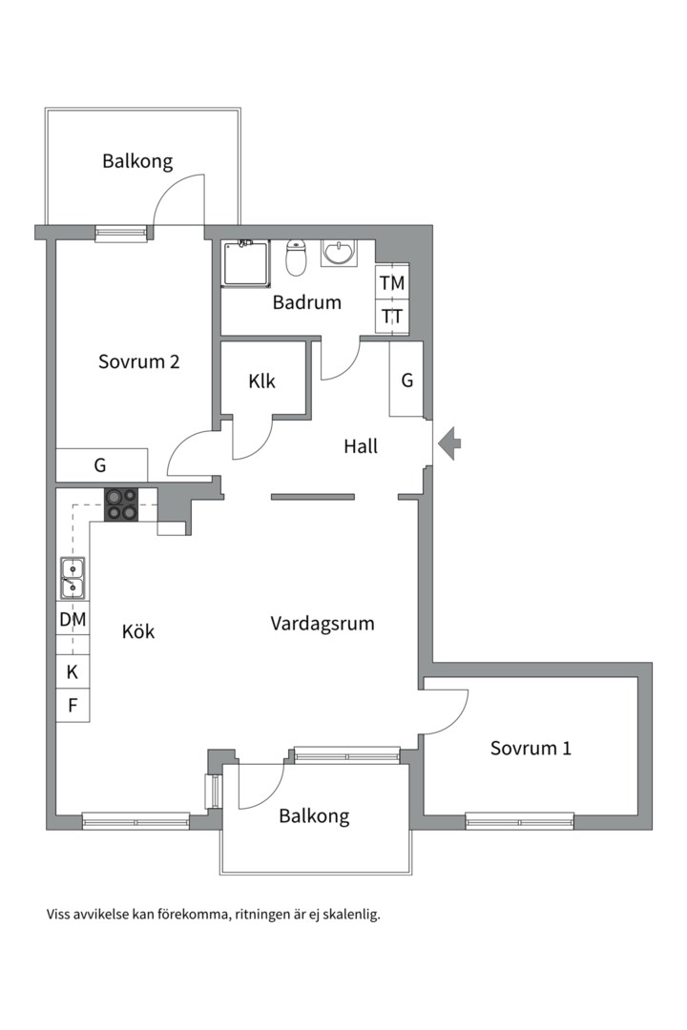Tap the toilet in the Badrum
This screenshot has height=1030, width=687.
[297, 257]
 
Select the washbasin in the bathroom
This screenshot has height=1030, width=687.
[338, 254]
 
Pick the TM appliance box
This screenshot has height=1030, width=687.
[392, 283]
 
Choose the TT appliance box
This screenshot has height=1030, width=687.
[392, 316]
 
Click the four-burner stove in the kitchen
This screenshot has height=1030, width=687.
[121, 504]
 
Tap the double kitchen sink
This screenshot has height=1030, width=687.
[73, 577]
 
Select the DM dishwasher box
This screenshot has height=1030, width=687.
[73, 620]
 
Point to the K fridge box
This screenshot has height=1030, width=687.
[73, 671]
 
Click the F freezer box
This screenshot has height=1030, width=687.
[73, 706]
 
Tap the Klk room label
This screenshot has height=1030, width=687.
[261, 381]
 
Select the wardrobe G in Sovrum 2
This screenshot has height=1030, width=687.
[101, 465]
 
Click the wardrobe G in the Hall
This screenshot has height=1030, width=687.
[406, 380]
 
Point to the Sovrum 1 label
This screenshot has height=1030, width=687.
[531, 748]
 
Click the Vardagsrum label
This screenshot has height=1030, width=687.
[322, 624]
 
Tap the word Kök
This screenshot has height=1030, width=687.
[138, 631]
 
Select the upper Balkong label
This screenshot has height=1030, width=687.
[138, 160]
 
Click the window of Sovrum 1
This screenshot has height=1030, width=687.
[519, 820]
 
